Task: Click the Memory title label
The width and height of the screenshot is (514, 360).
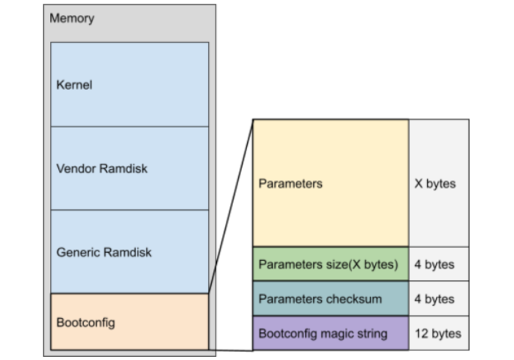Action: [x=72, y=18]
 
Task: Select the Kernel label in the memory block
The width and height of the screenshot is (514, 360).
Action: [x=74, y=84]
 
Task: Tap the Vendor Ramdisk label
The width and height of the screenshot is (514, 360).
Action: [x=102, y=168]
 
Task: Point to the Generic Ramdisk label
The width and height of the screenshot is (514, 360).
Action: [x=104, y=252]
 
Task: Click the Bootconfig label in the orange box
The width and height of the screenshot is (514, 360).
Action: [x=86, y=323]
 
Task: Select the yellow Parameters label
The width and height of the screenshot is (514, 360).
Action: [x=290, y=184]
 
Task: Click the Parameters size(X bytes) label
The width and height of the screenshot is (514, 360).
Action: [x=329, y=264]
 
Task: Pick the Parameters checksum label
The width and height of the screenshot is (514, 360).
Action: [x=321, y=299]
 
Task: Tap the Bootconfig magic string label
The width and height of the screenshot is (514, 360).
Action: [x=323, y=334]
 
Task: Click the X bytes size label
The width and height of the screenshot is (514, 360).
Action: [x=435, y=184]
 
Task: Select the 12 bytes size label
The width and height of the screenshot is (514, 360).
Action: [x=438, y=334]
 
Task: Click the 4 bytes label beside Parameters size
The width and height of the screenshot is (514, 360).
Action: [x=435, y=264]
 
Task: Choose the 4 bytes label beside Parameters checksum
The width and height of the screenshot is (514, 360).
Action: [x=435, y=299]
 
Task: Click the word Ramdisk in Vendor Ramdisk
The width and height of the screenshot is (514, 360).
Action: [x=124, y=168]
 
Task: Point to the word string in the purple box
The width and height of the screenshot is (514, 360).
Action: [x=371, y=334]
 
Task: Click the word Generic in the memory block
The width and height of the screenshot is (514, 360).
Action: [x=78, y=252]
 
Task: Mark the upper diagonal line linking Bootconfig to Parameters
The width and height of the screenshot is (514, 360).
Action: [x=231, y=206]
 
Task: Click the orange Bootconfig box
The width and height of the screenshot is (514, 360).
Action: [x=129, y=322]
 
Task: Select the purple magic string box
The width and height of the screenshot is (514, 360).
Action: [x=331, y=333]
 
